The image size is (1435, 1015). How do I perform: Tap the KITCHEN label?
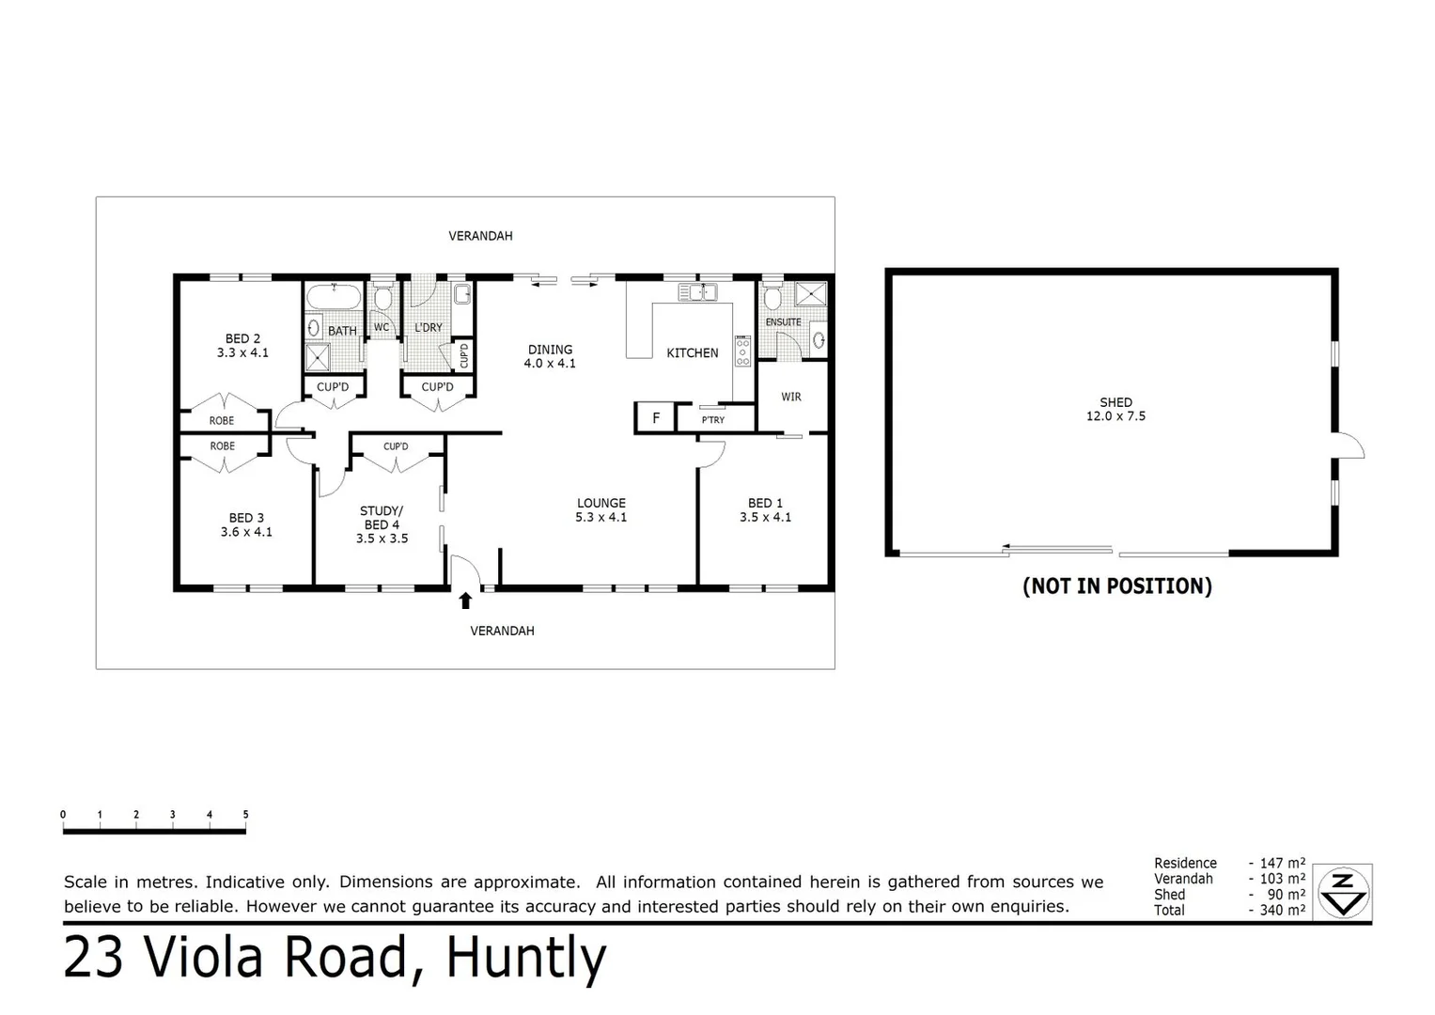(692, 353)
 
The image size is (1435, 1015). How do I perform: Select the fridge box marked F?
(656, 418)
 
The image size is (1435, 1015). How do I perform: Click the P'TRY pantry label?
(713, 420)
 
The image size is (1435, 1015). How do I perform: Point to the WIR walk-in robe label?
(791, 398)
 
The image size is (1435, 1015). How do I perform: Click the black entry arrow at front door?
(465, 601)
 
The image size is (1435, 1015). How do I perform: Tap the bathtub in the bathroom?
(334, 296)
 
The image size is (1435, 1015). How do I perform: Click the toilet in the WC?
(382, 299)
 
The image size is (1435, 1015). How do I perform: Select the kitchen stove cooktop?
(742, 351)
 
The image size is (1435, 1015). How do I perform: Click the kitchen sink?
(697, 292)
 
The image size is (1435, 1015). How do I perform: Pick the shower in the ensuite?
(810, 294)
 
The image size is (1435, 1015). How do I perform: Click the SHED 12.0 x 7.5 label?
(1115, 409)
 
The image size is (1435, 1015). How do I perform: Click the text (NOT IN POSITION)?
(1116, 586)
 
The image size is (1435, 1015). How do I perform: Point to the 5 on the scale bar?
(245, 815)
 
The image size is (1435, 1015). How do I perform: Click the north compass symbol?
(1343, 892)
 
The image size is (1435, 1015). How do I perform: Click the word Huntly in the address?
(525, 958)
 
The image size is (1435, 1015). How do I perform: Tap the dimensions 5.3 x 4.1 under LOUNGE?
(601, 517)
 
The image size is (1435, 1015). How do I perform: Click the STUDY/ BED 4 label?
(382, 524)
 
